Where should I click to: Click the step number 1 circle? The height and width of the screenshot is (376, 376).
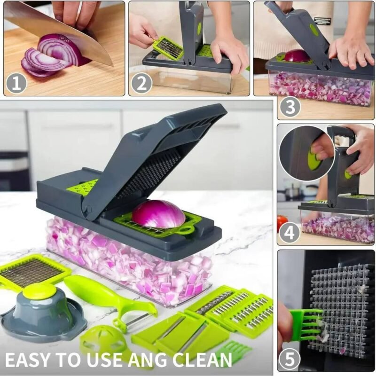coord(16,84)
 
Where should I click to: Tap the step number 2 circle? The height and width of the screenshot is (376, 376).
coord(141,84)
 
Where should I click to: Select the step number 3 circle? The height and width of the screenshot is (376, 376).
coord(290,107)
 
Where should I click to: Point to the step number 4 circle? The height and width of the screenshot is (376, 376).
coord(289,232)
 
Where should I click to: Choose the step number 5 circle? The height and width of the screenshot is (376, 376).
coord(290,359)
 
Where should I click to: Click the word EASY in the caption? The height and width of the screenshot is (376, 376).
coord(27,359)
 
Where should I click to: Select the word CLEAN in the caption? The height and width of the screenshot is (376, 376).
coord(201,359)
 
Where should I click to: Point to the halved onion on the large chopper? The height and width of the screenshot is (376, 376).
coord(158,214)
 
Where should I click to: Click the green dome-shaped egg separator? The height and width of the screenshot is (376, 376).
coord(103,340)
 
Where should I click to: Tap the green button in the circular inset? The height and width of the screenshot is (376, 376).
coord(313,158)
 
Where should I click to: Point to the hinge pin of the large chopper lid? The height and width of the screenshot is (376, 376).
coord(88,209)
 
